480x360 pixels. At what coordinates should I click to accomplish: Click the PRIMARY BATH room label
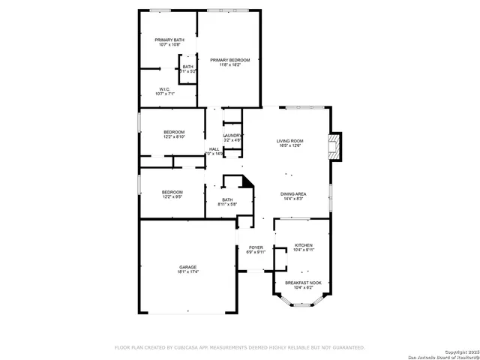[169, 40]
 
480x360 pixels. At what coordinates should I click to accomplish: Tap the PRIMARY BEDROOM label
[229, 60]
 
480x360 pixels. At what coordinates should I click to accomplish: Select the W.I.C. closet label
[165, 89]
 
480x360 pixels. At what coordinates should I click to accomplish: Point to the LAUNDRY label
[232, 135]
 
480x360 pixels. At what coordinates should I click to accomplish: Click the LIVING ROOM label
[289, 140]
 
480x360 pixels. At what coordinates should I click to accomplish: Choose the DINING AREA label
[293, 193]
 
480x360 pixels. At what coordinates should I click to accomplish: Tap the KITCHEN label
[303, 245]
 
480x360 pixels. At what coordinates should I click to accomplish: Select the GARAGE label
[187, 267]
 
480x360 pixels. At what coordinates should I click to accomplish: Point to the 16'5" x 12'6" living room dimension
[289, 145]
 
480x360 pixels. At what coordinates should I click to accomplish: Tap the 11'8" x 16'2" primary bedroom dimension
[229, 65]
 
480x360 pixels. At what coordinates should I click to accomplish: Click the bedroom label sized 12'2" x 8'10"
[174, 132]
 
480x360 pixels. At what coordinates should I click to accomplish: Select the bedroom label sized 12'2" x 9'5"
[172, 192]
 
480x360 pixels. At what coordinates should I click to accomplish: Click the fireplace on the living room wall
[336, 147]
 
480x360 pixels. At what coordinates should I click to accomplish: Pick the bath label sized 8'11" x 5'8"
[227, 199]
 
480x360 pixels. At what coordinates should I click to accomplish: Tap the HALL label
[214, 149]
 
